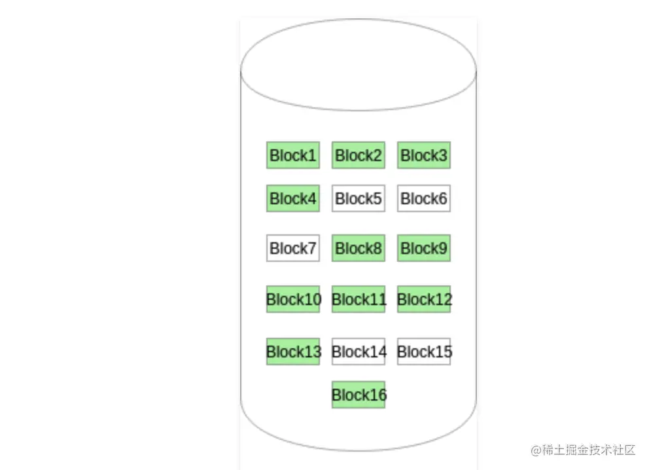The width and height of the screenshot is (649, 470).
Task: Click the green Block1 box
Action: [x=293, y=155]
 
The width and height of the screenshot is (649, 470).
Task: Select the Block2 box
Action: [x=359, y=155]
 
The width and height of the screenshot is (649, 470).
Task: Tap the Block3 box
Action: [x=424, y=155]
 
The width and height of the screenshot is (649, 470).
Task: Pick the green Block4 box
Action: [x=293, y=198]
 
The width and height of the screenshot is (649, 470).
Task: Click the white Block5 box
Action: [x=359, y=198]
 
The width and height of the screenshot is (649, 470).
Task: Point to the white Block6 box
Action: [x=424, y=198]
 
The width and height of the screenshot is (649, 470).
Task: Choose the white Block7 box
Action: [x=293, y=248]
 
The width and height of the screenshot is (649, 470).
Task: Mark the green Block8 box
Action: [x=359, y=248]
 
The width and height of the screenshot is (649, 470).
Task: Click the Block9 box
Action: [x=424, y=248]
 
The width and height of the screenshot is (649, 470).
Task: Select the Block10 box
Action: [x=293, y=299]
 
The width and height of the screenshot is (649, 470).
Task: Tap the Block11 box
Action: [x=359, y=299]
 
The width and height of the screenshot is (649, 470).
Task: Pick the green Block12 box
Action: [x=424, y=299]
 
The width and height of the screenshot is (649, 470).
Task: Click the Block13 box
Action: [x=293, y=352]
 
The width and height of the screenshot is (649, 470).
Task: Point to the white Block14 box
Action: [x=359, y=352]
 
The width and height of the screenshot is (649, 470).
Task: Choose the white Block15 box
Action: [x=424, y=352]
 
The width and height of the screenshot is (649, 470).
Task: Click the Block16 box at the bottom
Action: [x=359, y=395]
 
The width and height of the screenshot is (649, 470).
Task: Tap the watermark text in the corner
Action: [x=583, y=450]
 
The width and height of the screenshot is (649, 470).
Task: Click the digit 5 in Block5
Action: [x=377, y=198]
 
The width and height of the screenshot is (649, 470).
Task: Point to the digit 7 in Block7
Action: [x=312, y=249]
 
